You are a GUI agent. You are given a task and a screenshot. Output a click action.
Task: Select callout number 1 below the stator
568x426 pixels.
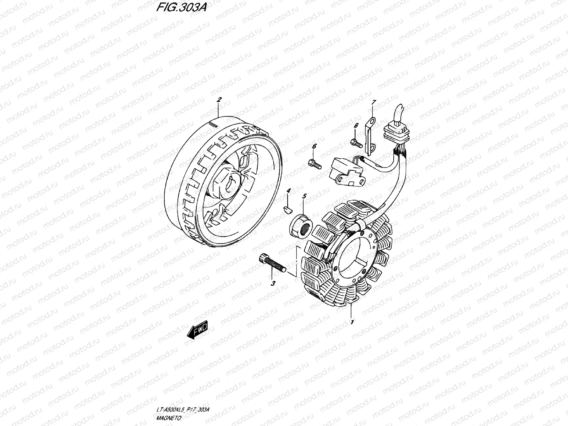point(352,323)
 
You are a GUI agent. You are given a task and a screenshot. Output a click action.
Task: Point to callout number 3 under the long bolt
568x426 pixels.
point(273,283)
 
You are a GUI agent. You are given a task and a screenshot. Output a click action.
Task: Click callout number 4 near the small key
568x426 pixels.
point(289,191)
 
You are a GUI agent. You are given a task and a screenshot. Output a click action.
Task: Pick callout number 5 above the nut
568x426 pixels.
point(304,196)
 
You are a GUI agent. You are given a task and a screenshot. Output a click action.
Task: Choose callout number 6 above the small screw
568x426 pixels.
point(314,146)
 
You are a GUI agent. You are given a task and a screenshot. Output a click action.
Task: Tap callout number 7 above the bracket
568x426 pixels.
point(373,103)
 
